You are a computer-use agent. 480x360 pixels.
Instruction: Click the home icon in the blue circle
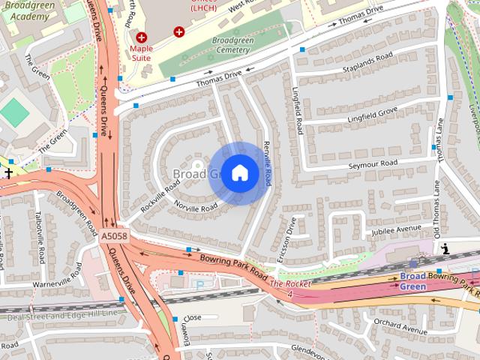click(x=239, y=173)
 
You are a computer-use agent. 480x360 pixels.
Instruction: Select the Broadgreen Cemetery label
click(x=220, y=44)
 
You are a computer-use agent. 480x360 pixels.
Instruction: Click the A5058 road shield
click(x=114, y=236)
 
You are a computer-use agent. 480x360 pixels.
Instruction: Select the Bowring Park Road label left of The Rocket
click(x=233, y=267)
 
